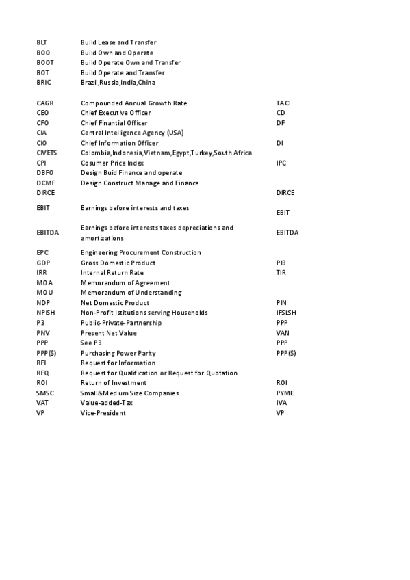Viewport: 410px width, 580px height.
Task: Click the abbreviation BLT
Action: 42,42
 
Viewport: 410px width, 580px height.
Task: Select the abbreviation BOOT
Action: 44,62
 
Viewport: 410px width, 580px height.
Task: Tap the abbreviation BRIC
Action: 44,83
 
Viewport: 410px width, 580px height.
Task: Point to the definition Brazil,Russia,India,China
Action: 118,83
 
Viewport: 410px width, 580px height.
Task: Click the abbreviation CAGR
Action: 44,103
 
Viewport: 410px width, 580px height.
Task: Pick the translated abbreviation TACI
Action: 283,103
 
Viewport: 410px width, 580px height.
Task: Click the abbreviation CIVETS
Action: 47,153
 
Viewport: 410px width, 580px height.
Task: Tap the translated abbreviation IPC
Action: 281,163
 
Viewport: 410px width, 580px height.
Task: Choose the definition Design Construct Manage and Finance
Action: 140,183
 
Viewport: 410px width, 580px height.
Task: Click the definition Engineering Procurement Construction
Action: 140,252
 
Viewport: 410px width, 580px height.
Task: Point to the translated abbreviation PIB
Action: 281,263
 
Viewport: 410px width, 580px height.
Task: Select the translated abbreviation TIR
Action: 281,272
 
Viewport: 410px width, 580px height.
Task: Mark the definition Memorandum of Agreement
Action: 125,282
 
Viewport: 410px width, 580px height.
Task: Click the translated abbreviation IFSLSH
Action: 287,313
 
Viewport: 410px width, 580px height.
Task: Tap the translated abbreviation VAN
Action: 281,333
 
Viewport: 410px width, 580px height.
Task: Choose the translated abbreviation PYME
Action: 284,393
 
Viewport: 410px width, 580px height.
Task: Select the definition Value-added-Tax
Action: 107,403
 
